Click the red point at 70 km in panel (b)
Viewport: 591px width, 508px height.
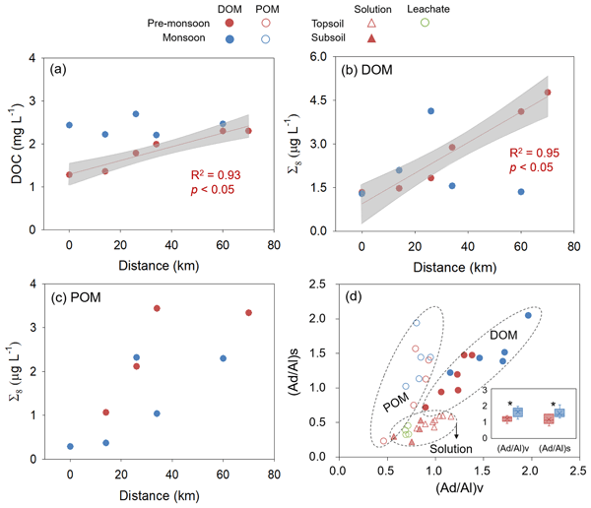point(547,93)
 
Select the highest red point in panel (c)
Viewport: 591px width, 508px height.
point(157,308)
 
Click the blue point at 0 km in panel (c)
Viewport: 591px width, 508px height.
point(70,446)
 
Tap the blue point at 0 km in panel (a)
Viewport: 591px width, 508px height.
point(69,125)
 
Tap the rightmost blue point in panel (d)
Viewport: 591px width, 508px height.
point(528,315)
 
